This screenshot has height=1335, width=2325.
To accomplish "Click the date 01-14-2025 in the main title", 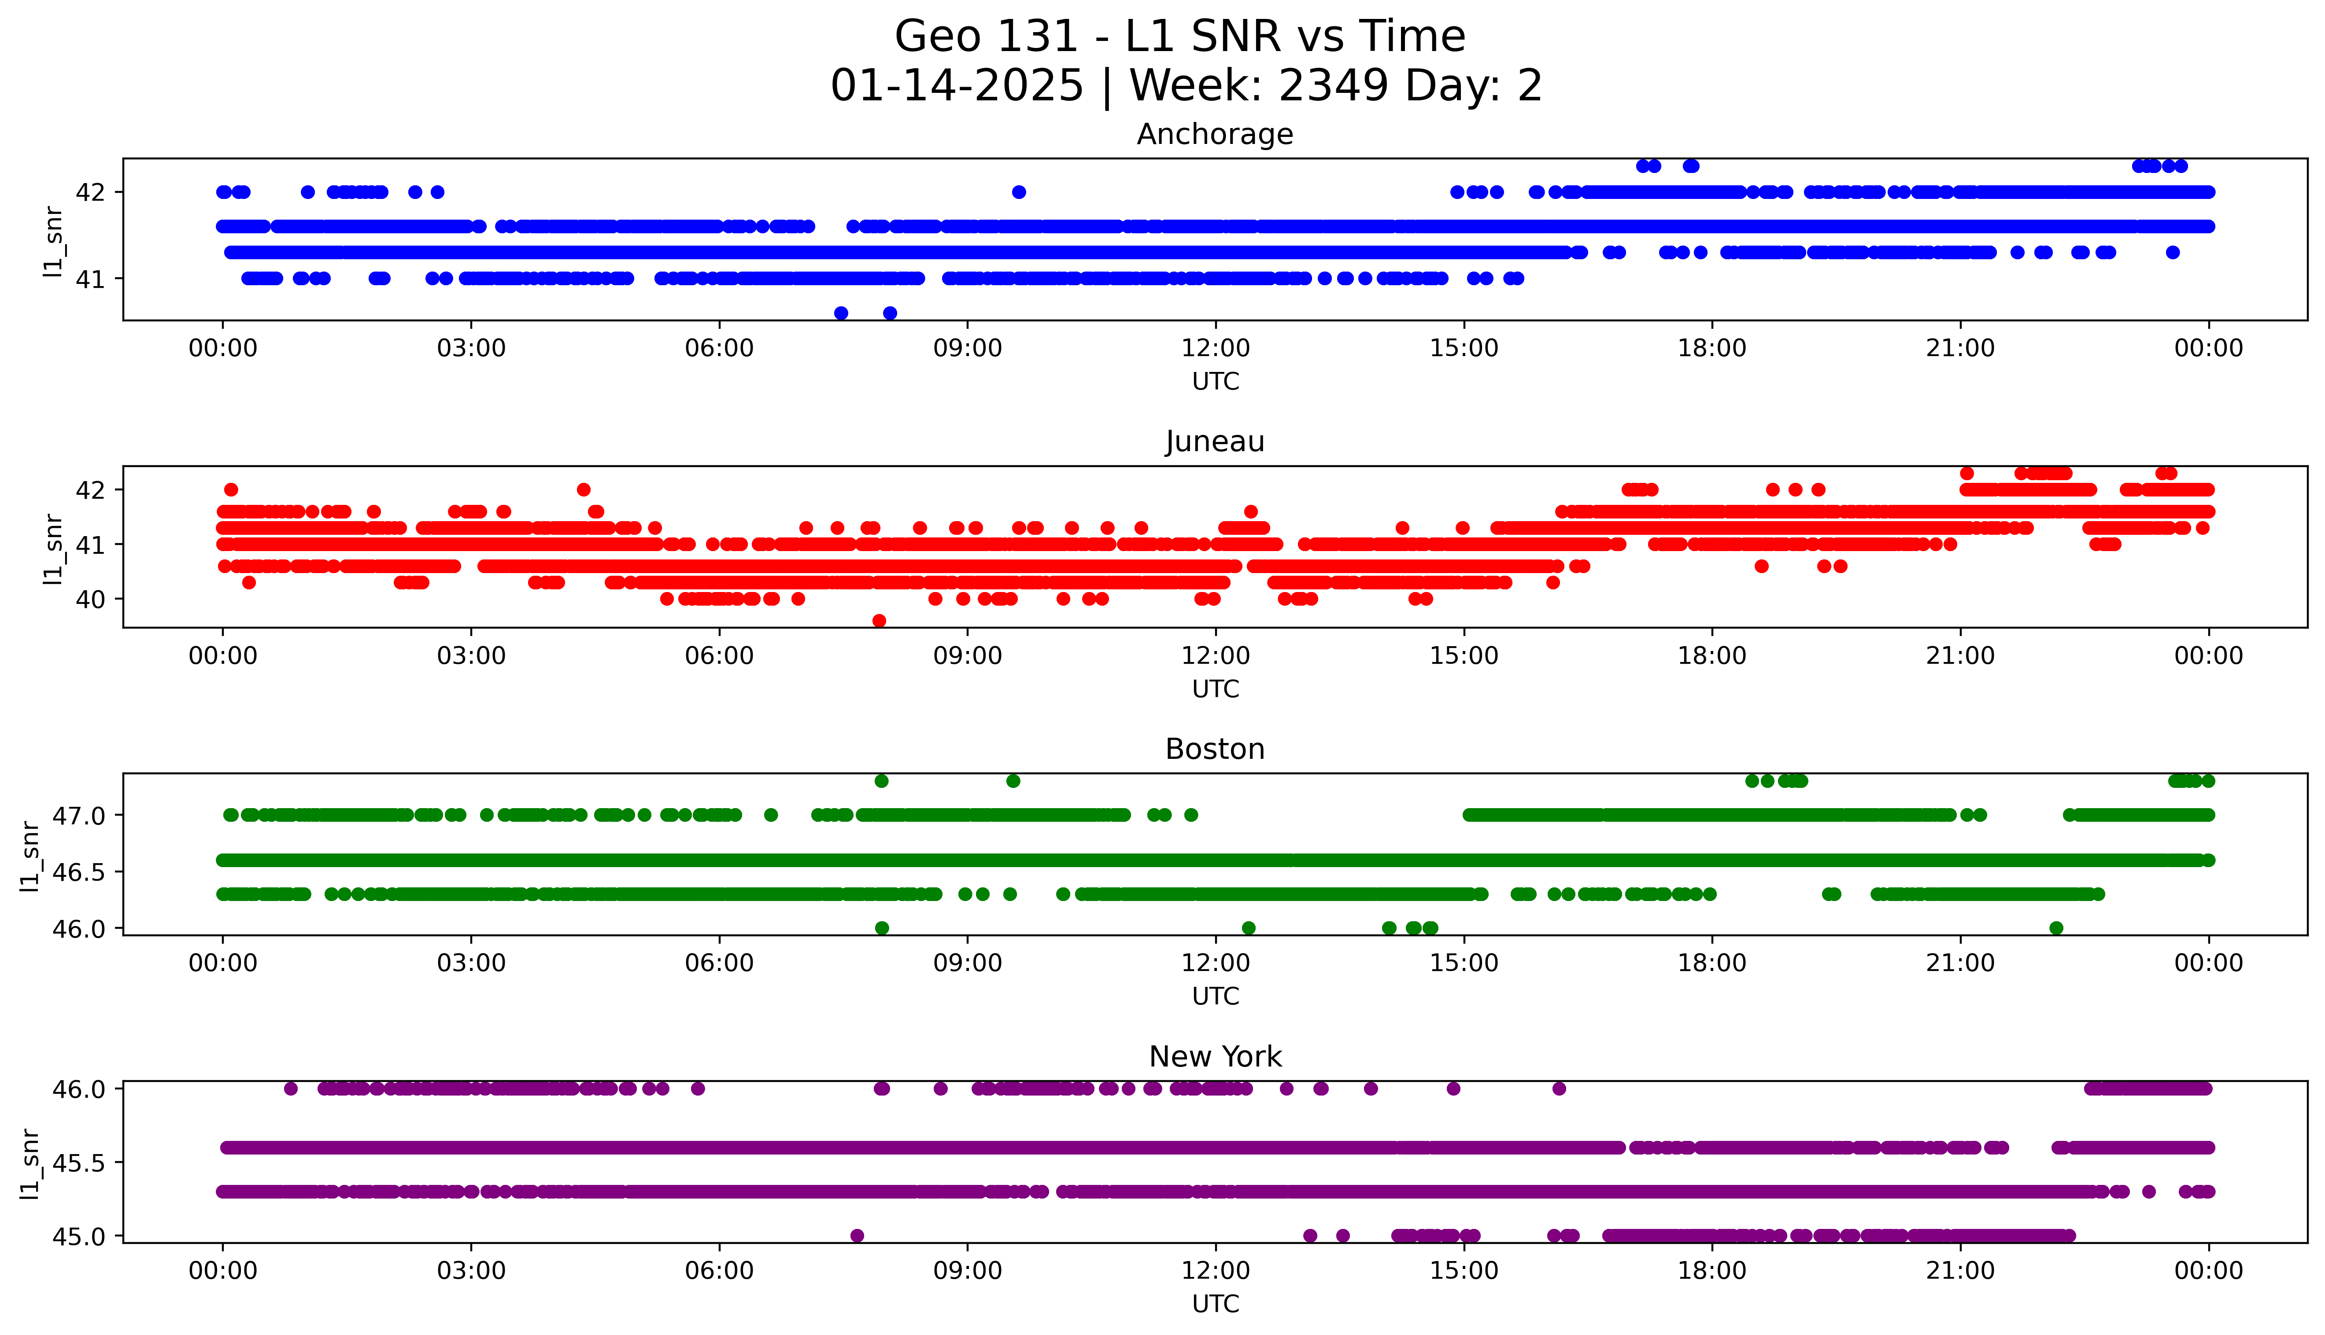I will tap(957, 86).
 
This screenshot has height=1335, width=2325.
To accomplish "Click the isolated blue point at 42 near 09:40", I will tap(1018, 191).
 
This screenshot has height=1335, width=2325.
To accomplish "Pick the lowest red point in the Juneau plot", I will tap(879, 621).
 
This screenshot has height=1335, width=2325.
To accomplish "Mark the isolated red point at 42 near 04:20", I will tap(583, 489).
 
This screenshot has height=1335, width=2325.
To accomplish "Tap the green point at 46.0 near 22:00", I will tap(2056, 928).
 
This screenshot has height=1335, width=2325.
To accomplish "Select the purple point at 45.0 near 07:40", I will tap(857, 1235).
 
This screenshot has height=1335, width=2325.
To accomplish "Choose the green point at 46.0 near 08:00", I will tap(881, 928).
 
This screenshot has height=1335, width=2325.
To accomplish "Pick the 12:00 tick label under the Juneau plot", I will tap(1215, 655).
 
